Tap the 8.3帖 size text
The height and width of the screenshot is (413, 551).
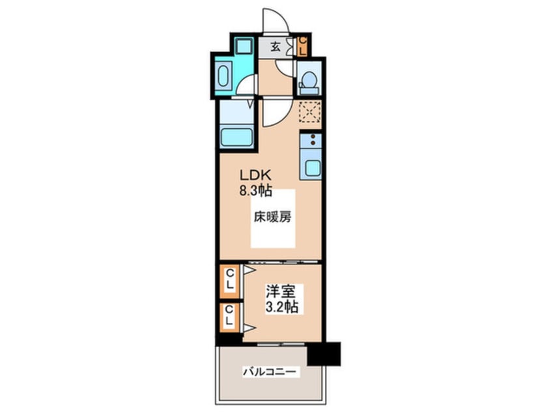[253, 192]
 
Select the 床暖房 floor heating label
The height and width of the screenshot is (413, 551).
[272, 218]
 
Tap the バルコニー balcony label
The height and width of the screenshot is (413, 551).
[271, 372]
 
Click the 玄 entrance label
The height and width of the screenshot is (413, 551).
[275, 46]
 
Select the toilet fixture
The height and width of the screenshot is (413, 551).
[307, 83]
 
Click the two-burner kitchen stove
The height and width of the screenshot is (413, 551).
[311, 139]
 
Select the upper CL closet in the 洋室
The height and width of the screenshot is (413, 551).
[229, 282]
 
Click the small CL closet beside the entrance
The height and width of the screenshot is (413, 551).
[302, 47]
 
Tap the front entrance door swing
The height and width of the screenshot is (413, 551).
[274, 21]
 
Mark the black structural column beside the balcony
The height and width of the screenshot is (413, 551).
[324, 354]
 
